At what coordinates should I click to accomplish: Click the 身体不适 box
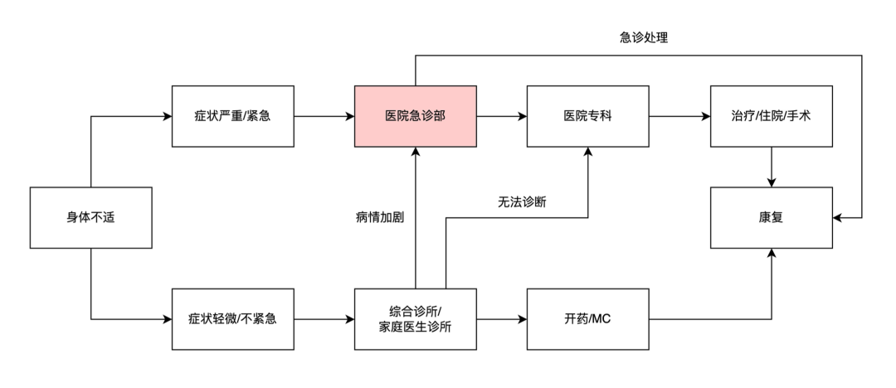point(90,218)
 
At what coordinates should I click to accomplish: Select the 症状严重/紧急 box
point(233,117)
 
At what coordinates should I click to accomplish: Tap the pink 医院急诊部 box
point(415,117)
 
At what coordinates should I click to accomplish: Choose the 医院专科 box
point(588,117)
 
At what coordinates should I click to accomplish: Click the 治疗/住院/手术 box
point(772,117)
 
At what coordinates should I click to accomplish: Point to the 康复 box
point(772,218)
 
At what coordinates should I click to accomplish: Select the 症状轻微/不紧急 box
point(233,318)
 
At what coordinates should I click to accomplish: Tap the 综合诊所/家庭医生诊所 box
point(415,318)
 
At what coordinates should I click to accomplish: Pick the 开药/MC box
point(588,318)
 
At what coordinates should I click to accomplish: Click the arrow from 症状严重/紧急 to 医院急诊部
point(324,117)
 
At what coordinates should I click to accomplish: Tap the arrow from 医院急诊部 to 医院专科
point(502,117)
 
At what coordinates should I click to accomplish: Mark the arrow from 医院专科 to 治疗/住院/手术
point(679,117)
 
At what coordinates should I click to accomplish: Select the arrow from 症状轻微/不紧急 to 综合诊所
point(324,318)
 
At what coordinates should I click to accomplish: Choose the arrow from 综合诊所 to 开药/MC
point(502,318)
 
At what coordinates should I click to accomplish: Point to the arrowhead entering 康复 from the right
point(839,218)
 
